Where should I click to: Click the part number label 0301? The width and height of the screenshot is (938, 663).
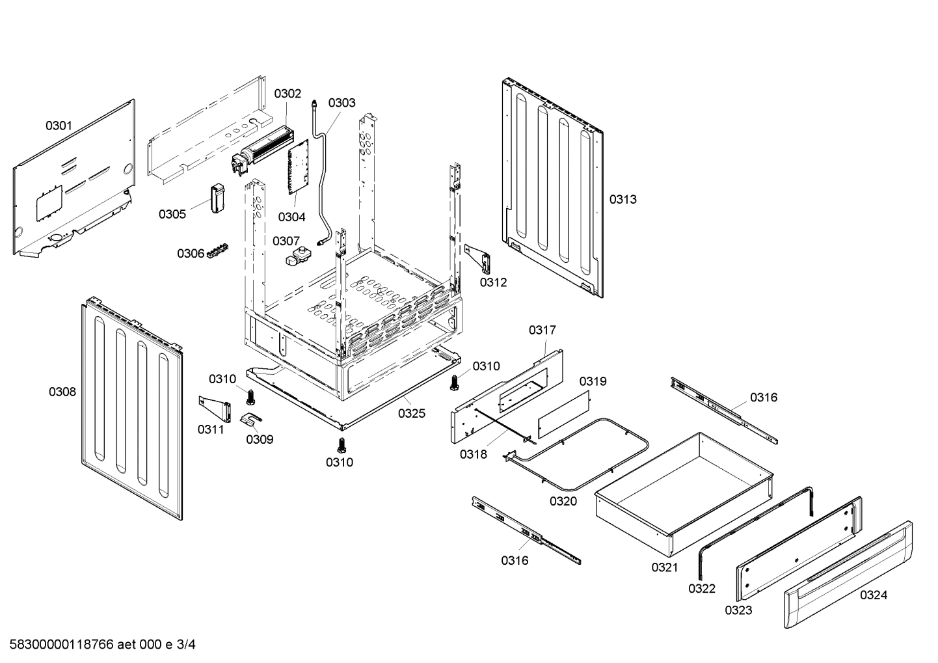(x=59, y=126)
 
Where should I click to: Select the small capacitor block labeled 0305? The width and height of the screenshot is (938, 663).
(x=216, y=198)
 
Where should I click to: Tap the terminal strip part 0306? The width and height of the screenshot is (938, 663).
(x=218, y=250)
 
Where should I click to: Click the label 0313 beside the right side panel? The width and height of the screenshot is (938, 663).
(x=623, y=200)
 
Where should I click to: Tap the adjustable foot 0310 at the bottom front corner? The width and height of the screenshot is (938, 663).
(x=340, y=444)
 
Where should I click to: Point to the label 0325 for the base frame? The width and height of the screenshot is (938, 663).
(x=412, y=413)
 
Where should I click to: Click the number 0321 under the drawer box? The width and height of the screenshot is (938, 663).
(x=665, y=567)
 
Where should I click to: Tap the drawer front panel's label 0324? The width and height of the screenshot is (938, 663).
(x=873, y=595)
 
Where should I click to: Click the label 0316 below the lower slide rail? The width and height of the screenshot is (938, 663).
(x=515, y=560)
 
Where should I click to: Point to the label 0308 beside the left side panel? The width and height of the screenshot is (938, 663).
(x=62, y=392)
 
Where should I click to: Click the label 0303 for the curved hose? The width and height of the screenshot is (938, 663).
(x=342, y=103)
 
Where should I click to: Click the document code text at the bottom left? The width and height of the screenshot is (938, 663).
(x=98, y=645)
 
